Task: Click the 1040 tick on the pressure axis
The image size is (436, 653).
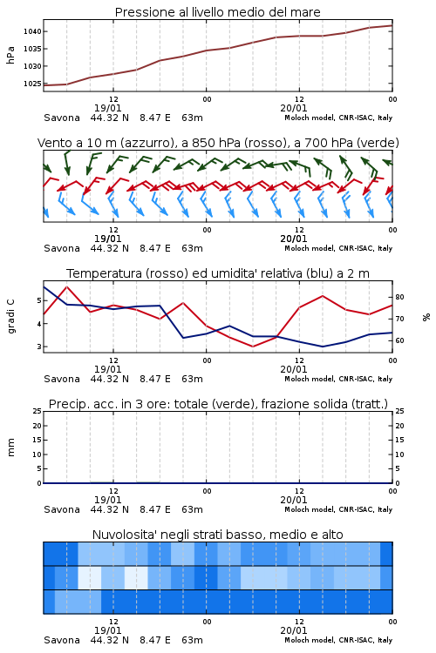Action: pos(32,31)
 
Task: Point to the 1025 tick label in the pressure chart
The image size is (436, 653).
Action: pos(32,84)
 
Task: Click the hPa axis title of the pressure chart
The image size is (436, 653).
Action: pos(10,55)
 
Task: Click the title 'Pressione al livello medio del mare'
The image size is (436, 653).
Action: pos(218,12)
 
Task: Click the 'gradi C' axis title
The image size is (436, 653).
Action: pos(10,316)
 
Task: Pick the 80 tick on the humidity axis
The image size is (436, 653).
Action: pos(399,297)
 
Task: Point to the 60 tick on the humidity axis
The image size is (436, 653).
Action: pos(399,340)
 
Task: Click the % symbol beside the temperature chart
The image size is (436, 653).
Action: pos(426,317)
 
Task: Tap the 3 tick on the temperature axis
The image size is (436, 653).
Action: pos(39,347)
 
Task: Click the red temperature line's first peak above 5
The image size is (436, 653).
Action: pos(67,286)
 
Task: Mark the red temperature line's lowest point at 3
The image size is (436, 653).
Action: pos(252,347)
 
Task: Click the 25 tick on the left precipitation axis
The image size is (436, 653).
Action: pos(37,411)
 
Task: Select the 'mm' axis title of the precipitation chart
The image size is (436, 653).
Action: pos(10,448)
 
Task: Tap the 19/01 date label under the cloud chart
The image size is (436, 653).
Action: pos(107,630)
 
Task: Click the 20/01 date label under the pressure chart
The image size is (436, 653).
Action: pos(294,108)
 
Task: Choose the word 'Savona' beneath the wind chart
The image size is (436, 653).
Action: pos(62,248)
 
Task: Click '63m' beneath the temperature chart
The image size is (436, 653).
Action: pos(193,379)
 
